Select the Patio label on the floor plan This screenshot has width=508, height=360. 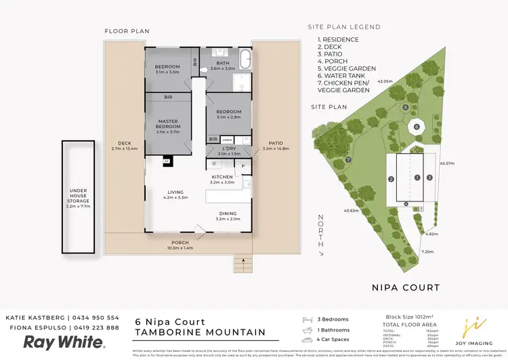(276, 143)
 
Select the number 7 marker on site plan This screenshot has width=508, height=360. (348, 159)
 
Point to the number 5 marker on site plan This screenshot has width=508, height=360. (405, 108)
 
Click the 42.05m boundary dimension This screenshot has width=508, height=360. (385, 81)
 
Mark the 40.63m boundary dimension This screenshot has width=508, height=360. (351, 210)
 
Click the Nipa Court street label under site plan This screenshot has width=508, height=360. (406, 287)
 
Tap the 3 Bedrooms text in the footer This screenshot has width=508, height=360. (333, 319)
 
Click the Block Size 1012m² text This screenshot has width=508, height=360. (409, 316)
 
